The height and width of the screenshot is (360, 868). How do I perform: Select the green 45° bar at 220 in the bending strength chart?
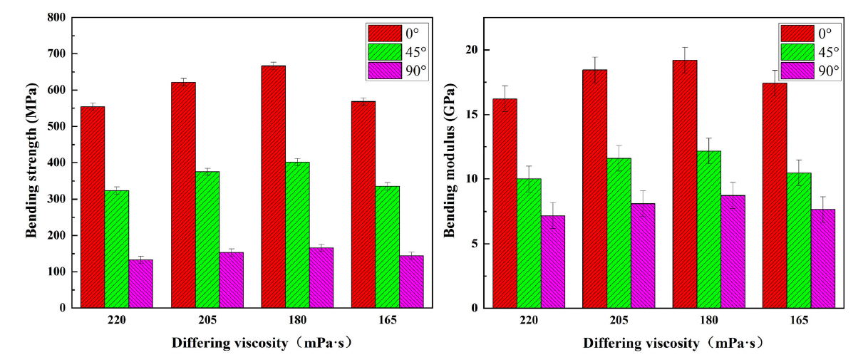point(117,249)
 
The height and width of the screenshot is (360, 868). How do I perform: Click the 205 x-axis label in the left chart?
point(207,320)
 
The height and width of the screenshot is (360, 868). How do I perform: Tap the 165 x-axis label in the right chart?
point(799,320)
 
